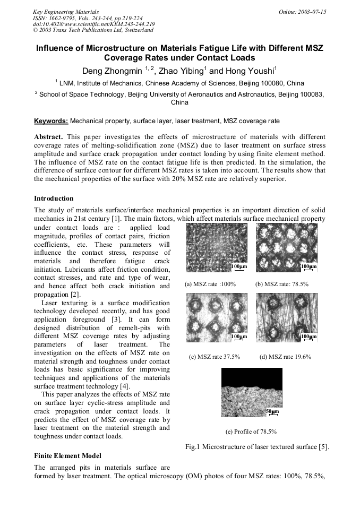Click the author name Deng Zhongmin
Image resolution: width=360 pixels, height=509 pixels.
[x=111, y=71]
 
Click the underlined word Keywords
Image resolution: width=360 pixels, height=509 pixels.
[x=51, y=121]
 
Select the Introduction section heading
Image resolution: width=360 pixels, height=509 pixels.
[x=54, y=199]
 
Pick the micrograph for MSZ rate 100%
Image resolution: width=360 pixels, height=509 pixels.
[x=217, y=247]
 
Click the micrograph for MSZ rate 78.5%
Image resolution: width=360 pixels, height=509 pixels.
[x=286, y=247]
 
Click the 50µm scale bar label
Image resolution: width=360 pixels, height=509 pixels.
[x=271, y=411]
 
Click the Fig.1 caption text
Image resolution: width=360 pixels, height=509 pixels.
[x=257, y=446]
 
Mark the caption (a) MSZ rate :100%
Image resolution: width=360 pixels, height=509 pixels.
[x=210, y=284]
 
